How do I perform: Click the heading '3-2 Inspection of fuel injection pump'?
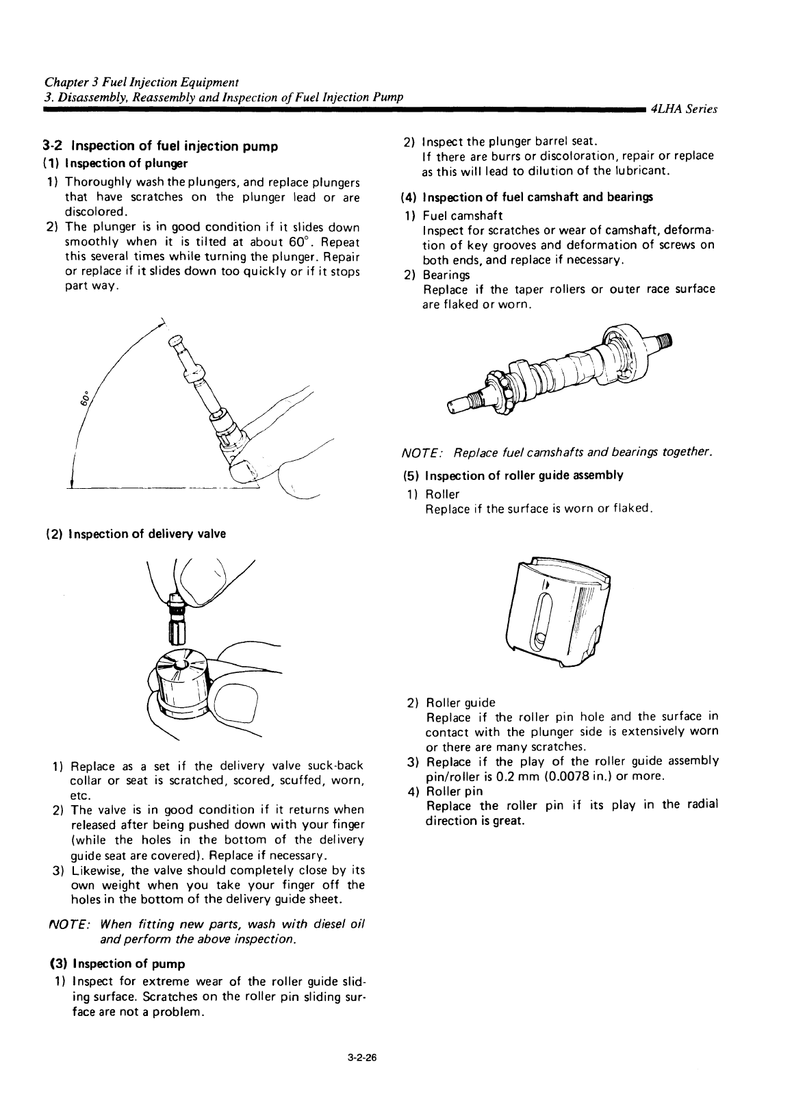click(159, 146)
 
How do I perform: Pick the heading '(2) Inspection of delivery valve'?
click(136, 534)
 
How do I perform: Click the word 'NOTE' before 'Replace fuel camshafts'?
click(422, 453)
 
